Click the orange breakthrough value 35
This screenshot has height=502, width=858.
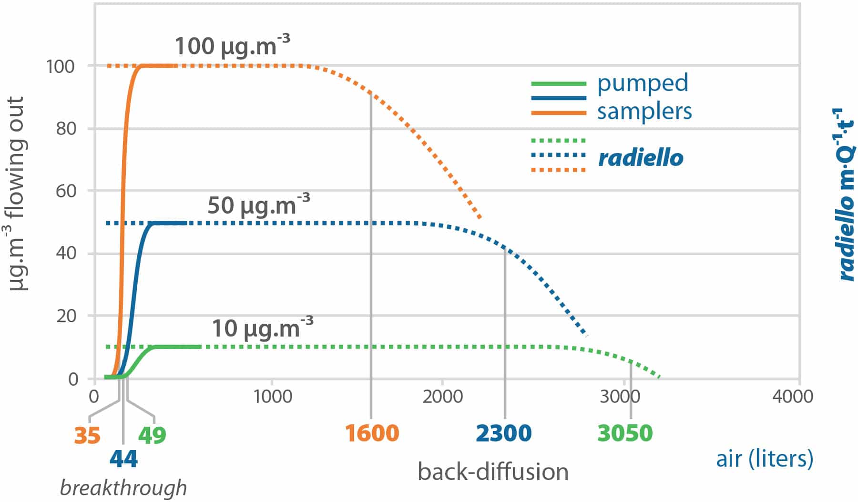pos(87,435)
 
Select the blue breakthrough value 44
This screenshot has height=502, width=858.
pos(123,459)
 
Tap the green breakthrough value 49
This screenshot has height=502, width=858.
pos(152,435)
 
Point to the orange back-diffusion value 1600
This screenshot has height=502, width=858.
pos(372,433)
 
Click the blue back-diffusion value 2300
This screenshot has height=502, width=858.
pos(503,433)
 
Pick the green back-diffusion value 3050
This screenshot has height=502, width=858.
pos(625,433)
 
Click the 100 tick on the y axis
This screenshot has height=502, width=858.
pos(61,66)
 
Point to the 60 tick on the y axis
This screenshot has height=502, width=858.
pos(66,191)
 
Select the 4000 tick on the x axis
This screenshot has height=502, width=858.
pos(792,396)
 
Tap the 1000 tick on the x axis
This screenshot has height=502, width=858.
pos(272,396)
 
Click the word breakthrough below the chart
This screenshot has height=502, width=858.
pos(123,488)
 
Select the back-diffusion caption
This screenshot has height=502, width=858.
pos(493,471)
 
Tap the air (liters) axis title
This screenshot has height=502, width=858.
pos(764,459)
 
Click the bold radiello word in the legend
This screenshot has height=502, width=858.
pos(641,158)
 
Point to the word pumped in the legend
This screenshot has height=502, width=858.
pos(643,83)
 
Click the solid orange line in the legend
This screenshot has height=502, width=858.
pos(558,113)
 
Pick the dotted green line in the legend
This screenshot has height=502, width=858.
pos(558,141)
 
